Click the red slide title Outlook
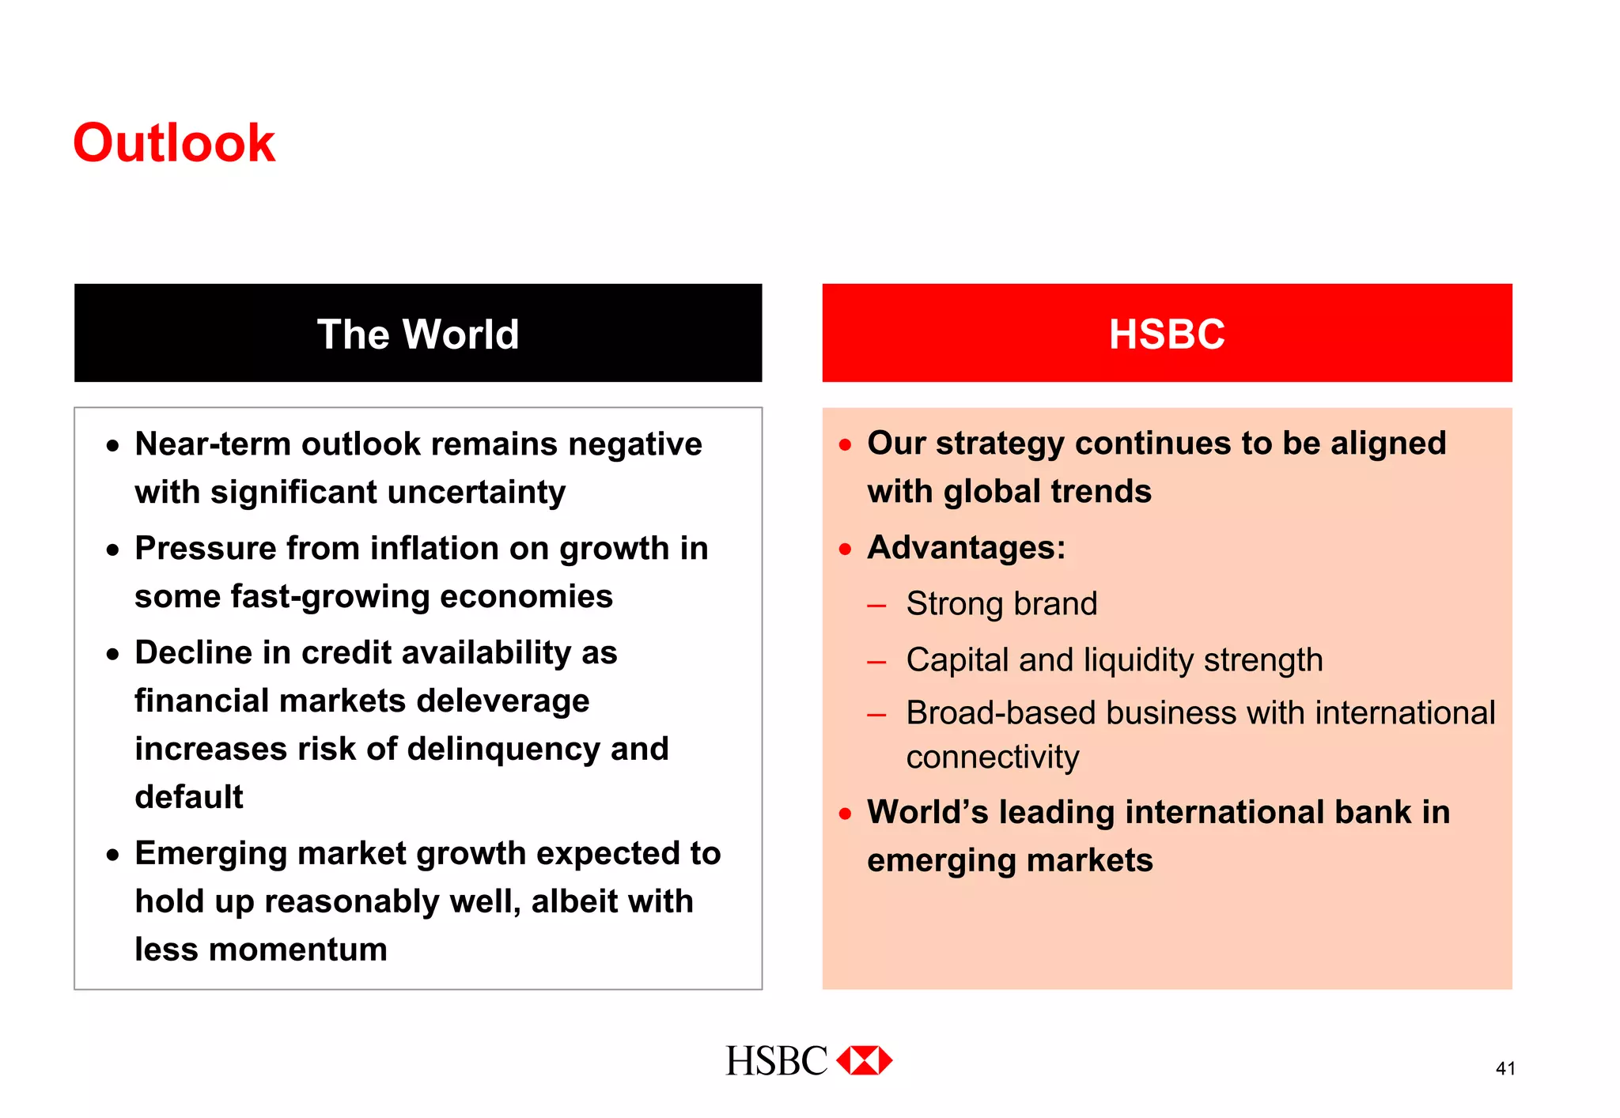coord(174,144)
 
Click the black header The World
coord(418,334)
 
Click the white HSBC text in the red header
coord(1166,334)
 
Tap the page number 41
coord(1505,1069)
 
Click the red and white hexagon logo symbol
coord(865,1060)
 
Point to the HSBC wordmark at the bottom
coord(776,1061)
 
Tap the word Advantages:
coord(966,548)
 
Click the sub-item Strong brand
coord(1001,604)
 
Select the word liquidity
coord(1138,660)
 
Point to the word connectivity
coord(992,757)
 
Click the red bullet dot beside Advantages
coord(846,549)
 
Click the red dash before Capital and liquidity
coord(876,663)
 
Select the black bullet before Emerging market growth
coord(113,855)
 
